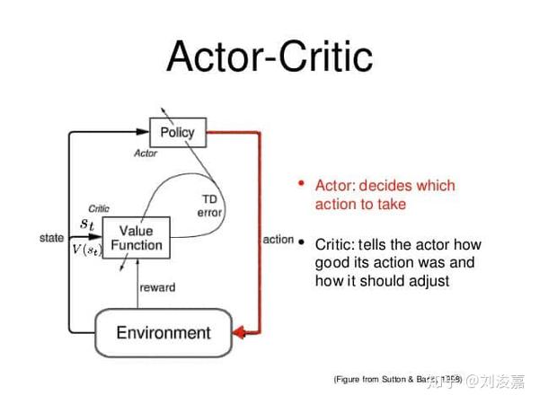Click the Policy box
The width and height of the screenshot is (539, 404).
coord(177,132)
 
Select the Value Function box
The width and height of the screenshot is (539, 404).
coord(137,238)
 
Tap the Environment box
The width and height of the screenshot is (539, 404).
coord(163,332)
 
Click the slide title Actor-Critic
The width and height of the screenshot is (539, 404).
coord(269,56)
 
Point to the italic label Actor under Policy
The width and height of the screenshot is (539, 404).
coord(146,154)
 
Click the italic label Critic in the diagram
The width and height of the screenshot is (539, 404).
coord(98,208)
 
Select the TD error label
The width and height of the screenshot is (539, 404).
coord(209,206)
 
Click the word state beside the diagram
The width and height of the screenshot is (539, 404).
coord(52,238)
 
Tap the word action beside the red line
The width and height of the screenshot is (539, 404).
coord(278,239)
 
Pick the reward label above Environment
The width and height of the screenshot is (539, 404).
coord(157,287)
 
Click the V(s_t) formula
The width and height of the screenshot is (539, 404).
coord(88,250)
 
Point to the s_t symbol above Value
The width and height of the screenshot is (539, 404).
coord(86,223)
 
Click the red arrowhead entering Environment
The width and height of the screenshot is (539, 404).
coord(239,333)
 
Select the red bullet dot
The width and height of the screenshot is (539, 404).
coord(302,184)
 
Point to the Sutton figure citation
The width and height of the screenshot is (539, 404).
coord(395,380)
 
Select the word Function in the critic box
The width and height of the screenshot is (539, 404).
coord(137,245)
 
